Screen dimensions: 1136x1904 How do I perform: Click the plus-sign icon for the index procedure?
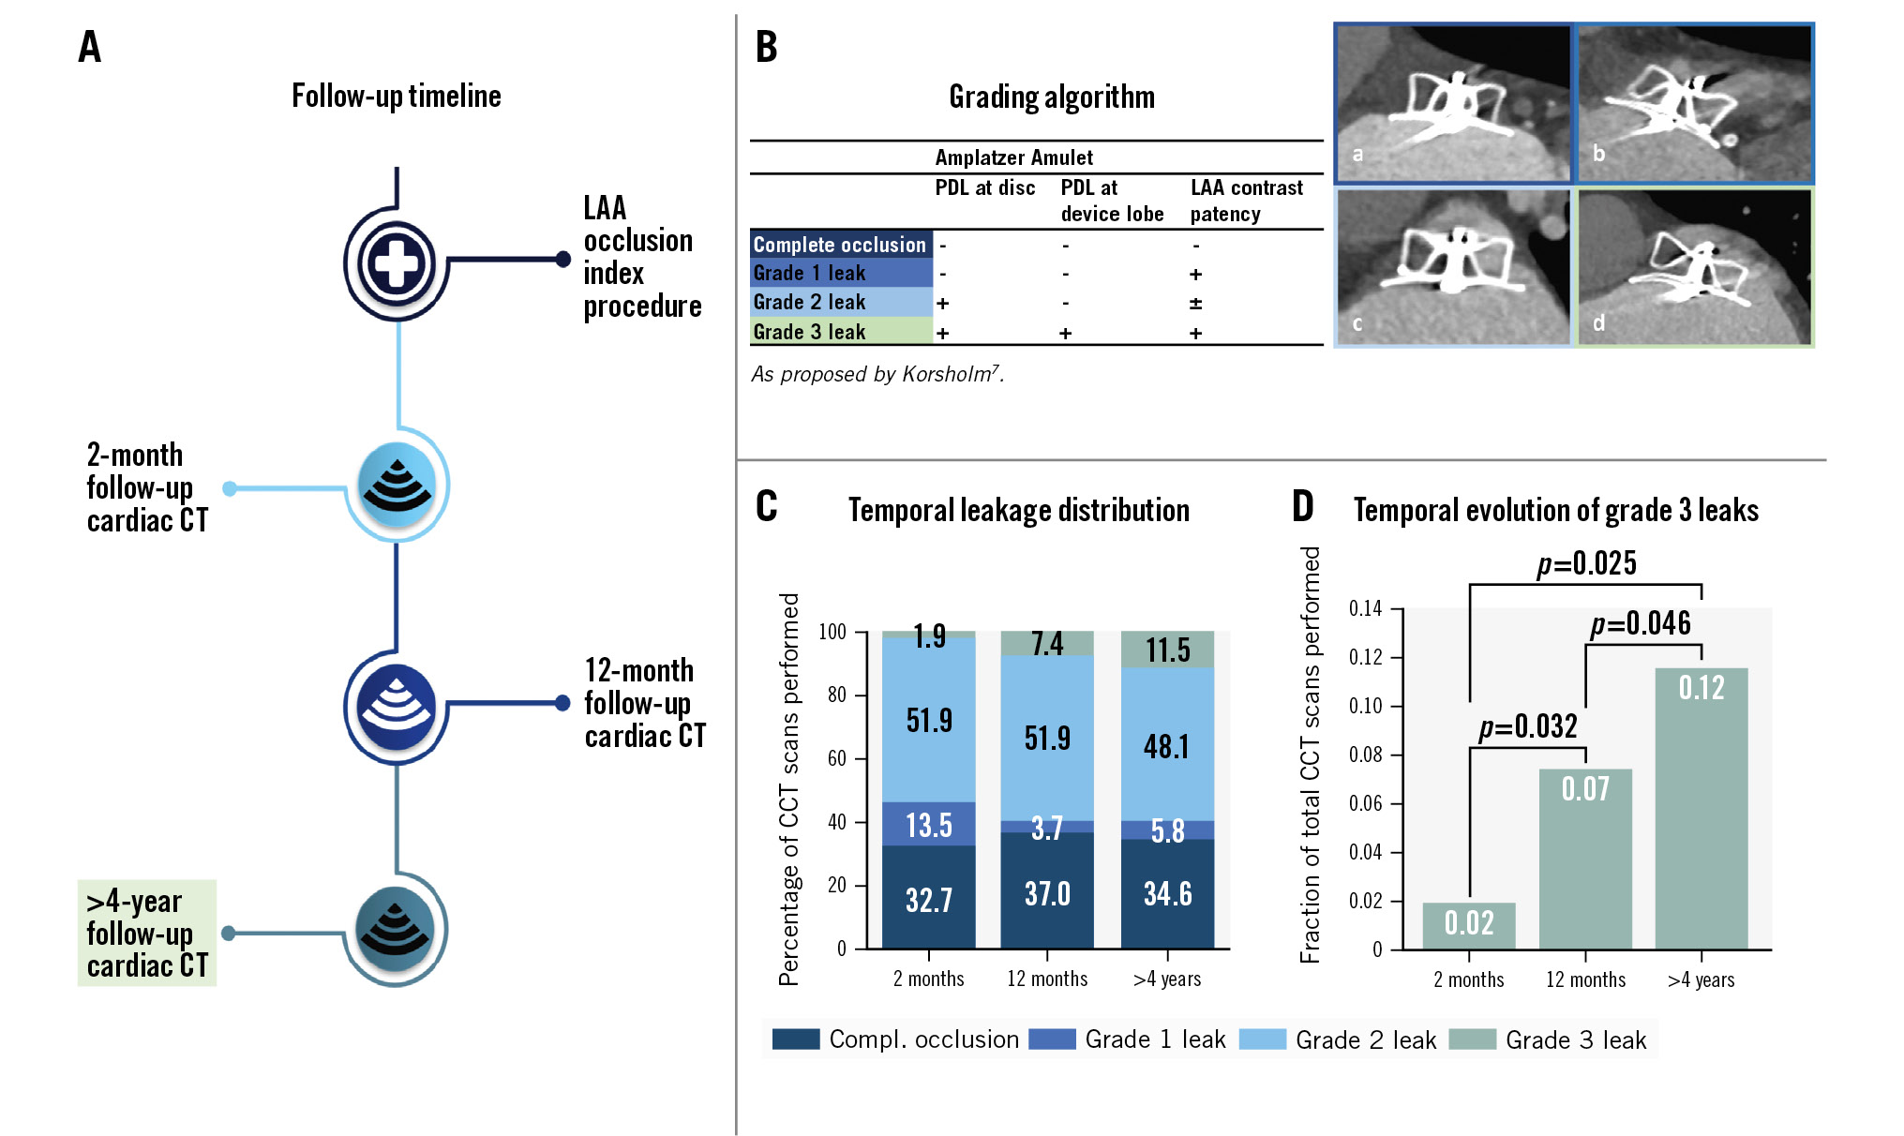pyautogui.click(x=397, y=263)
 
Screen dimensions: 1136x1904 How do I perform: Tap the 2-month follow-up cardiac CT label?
pyautogui.click(x=147, y=487)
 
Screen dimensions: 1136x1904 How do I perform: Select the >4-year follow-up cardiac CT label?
pyautogui.click(x=147, y=933)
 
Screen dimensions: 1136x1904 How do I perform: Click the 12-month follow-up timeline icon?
pyautogui.click(x=397, y=706)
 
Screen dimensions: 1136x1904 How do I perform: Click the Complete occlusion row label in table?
pyautogui.click(x=840, y=245)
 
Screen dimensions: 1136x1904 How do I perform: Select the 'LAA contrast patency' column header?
pyautogui.click(x=1246, y=201)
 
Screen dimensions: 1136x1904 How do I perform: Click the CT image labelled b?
pyautogui.click(x=1695, y=103)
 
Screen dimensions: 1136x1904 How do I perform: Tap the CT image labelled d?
pyautogui.click(x=1695, y=267)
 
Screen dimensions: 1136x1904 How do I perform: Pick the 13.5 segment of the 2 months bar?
pyautogui.click(x=929, y=825)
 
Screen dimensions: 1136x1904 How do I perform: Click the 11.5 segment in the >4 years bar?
pyautogui.click(x=1167, y=650)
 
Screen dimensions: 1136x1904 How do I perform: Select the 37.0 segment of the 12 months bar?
pyautogui.click(x=1047, y=892)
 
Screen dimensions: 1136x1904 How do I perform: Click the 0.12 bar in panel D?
pyautogui.click(x=1702, y=806)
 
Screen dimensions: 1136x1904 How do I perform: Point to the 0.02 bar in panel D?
pyautogui.click(x=1469, y=925)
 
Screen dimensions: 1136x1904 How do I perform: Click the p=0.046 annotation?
pyautogui.click(x=1641, y=623)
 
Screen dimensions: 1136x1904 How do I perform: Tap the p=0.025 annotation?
pyautogui.click(x=1586, y=563)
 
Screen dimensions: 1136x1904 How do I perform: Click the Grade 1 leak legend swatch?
pyautogui.click(x=1052, y=1039)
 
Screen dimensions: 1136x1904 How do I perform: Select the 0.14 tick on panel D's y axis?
pyautogui.click(x=1365, y=609)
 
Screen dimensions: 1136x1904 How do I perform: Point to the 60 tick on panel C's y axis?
pyautogui.click(x=836, y=758)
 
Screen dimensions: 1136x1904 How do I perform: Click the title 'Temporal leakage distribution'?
pyautogui.click(x=1018, y=510)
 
